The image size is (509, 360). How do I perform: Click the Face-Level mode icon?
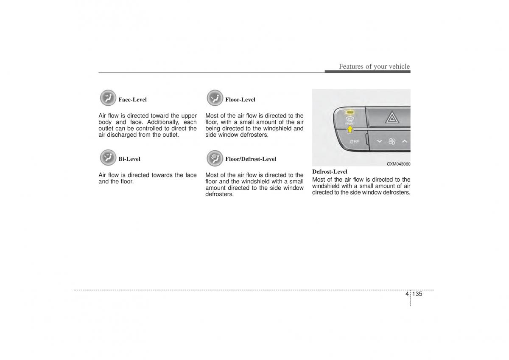pos(108,98)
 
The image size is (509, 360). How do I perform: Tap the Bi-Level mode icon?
pos(108,157)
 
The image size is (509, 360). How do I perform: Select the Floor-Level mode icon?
pos(215,98)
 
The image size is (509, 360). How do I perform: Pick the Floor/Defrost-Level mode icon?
pos(215,158)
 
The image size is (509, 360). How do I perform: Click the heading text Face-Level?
pos(132,100)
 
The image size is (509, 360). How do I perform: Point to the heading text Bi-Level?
pos(129,159)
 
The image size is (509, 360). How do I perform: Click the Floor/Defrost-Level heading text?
pos(250,159)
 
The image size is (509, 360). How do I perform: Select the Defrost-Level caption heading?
pos(330,172)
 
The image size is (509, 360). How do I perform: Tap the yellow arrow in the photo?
pos(350,129)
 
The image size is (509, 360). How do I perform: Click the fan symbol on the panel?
pos(392,141)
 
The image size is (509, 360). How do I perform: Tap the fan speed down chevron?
pos(380,141)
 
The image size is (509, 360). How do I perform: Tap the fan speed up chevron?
pos(405,141)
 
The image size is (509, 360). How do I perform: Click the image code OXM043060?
pos(398,164)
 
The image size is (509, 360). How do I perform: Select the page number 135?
pos(417,294)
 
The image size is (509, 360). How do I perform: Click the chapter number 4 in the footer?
pos(407,294)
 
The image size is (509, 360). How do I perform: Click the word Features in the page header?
pos(352,67)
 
